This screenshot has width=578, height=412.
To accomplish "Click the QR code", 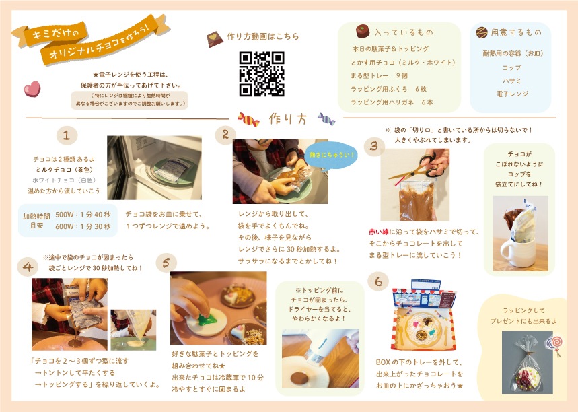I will click(262, 73).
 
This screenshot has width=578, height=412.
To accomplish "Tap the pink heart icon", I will click(32, 89).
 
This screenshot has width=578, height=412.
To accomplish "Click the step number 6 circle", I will click(378, 281).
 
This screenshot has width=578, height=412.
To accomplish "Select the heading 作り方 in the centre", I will click(287, 119).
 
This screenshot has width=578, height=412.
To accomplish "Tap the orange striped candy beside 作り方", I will click(248, 119).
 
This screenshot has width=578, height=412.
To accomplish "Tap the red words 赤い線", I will click(379, 232).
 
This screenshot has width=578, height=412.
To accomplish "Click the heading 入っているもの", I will click(404, 32).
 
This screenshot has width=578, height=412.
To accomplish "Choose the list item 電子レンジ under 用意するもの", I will click(512, 94).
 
